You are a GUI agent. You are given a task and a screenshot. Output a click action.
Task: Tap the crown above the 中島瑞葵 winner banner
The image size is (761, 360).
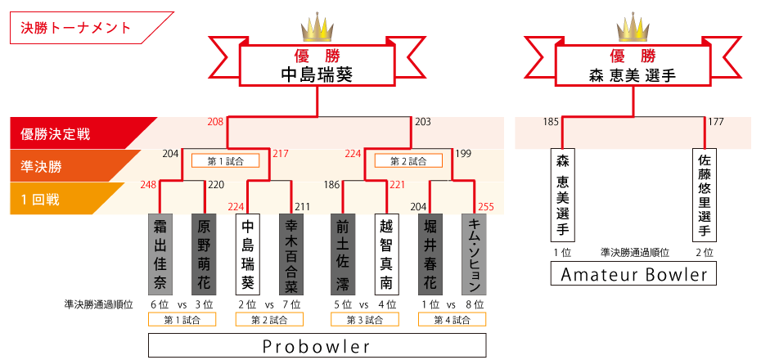[317, 29]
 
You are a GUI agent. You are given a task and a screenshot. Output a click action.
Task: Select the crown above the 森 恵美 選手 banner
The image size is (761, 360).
[633, 29]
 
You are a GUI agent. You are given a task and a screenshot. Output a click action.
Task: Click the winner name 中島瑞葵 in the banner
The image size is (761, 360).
[316, 75]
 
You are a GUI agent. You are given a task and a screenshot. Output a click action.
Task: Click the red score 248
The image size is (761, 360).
[148, 185]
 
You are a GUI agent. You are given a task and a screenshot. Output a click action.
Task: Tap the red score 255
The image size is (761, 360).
[485, 207]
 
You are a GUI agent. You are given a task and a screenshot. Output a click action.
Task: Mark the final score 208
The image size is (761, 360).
[215, 122]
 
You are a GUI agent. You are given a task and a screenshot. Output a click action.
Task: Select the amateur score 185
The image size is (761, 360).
[551, 123]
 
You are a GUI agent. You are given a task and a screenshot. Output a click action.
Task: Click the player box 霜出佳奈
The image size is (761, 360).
[159, 254]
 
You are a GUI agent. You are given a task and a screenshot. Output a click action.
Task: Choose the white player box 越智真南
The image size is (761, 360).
[385, 254]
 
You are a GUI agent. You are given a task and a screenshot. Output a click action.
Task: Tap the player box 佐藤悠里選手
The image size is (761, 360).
[704, 195]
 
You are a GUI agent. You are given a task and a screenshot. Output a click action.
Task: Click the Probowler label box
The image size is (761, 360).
[317, 346]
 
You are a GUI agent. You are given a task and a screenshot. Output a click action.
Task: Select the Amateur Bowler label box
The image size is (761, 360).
[633, 275]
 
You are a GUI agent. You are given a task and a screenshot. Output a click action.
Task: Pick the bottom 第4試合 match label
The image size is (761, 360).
[450, 320]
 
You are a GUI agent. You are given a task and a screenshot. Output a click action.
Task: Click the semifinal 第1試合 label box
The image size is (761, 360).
[225, 161]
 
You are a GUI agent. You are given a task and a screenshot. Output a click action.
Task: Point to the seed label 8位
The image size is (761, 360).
[474, 304]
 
